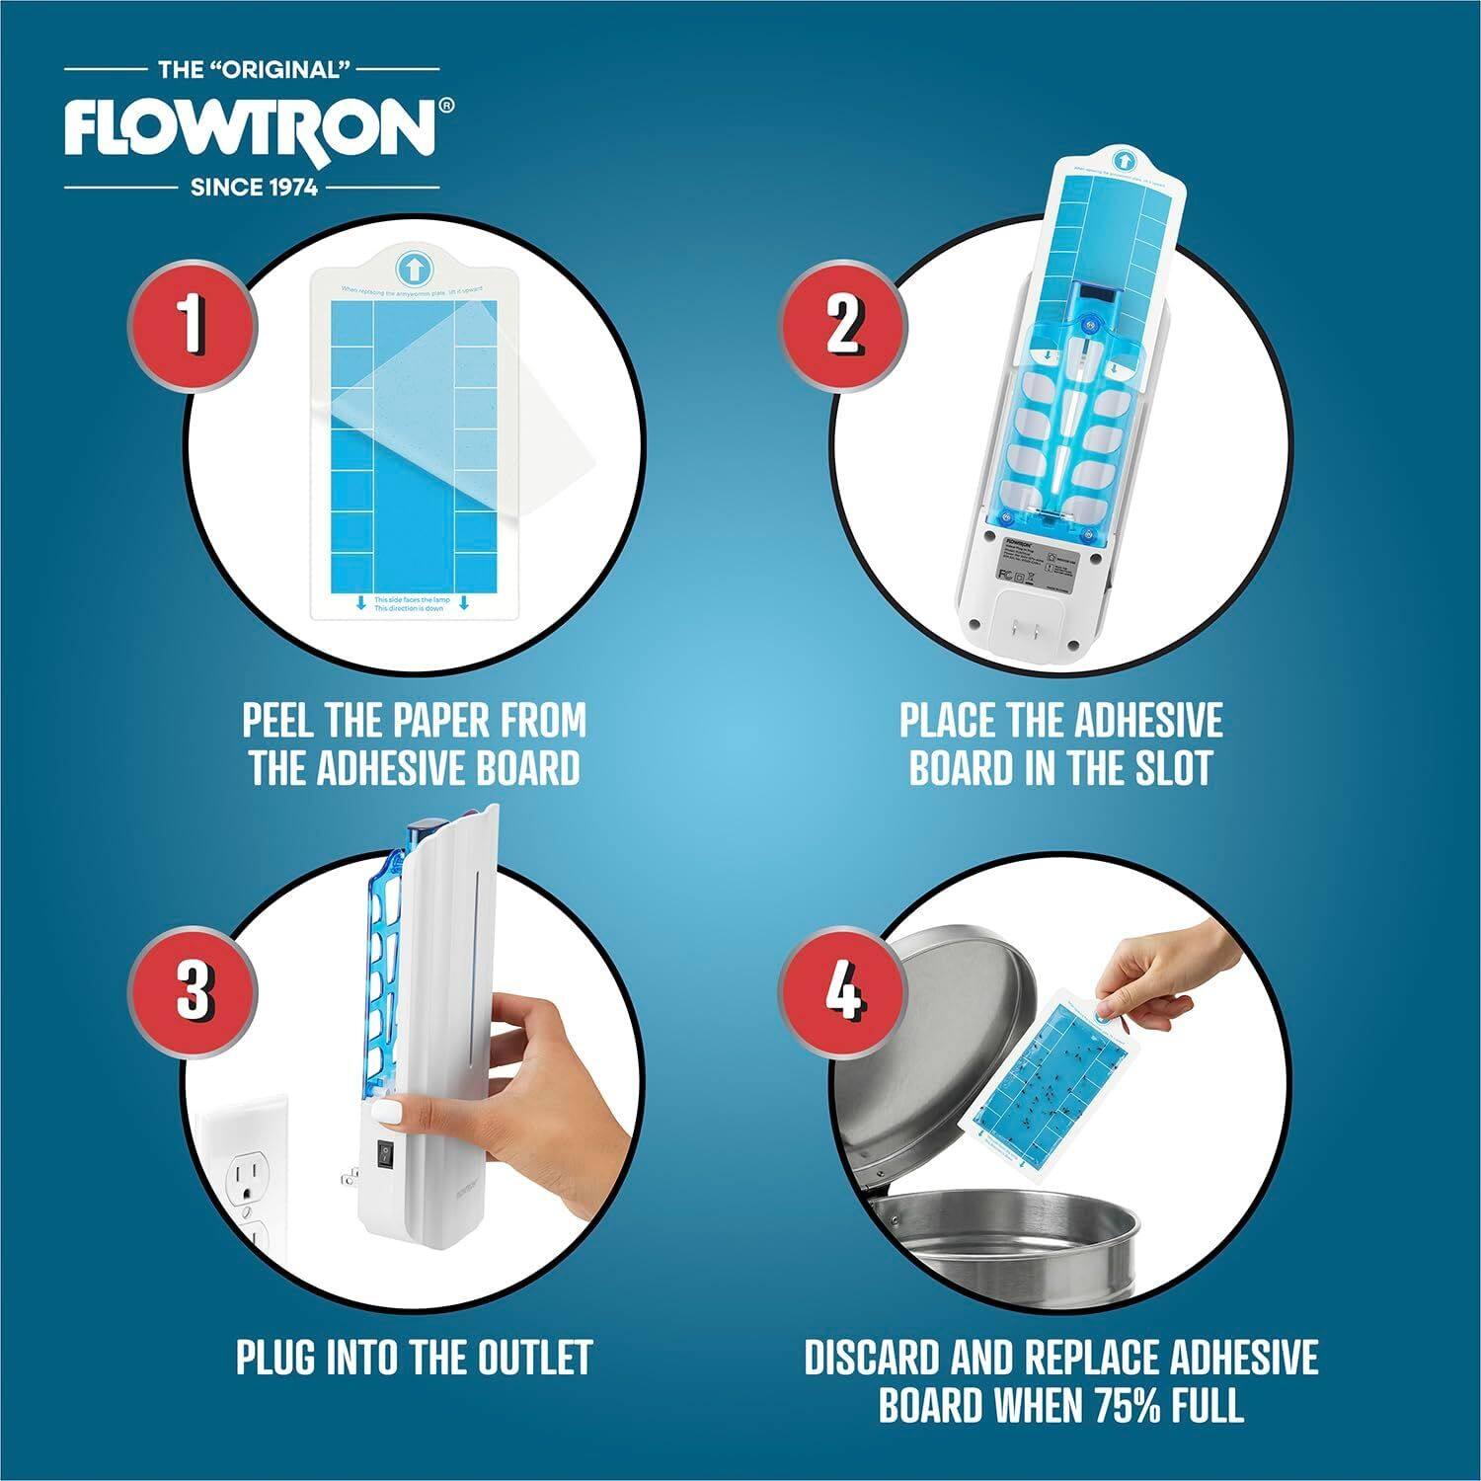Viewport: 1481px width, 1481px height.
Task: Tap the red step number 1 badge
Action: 194,326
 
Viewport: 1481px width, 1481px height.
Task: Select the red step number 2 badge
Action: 842,326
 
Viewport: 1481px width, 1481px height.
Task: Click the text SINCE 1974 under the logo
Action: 254,187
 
